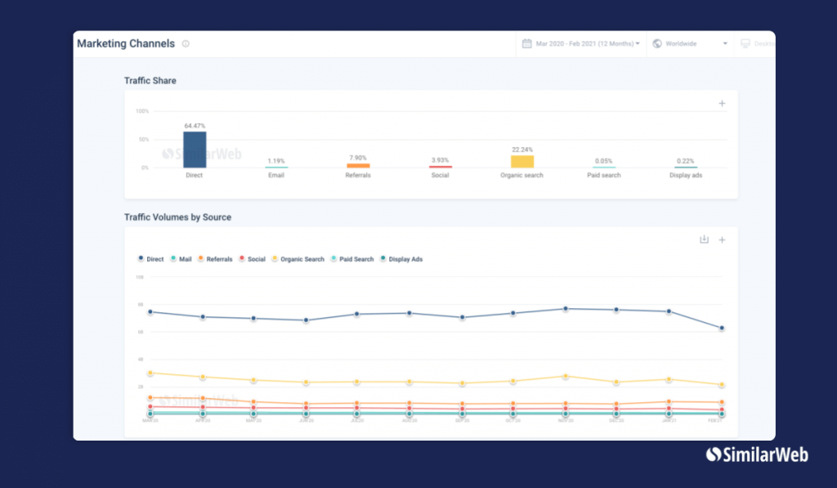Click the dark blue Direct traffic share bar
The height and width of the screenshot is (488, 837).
point(194,150)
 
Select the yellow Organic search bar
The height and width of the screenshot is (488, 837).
point(521,161)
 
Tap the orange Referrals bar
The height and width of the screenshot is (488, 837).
point(358,165)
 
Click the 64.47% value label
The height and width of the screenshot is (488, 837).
point(194,126)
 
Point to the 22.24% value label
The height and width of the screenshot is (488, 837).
point(521,150)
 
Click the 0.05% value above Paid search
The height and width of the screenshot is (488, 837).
point(604,161)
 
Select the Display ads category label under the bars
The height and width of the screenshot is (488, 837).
point(685,175)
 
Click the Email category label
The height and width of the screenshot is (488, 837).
point(276,175)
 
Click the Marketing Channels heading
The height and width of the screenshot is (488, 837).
point(126,44)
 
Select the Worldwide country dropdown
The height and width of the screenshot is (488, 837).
point(691,44)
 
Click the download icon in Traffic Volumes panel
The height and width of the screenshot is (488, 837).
point(704,240)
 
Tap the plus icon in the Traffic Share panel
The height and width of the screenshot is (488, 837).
point(722,104)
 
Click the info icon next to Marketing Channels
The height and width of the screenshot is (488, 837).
point(186,44)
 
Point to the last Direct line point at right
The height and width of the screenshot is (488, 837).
point(722,329)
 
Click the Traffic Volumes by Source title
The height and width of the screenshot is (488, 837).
point(177,217)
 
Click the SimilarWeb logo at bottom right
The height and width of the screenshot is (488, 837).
point(756,454)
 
